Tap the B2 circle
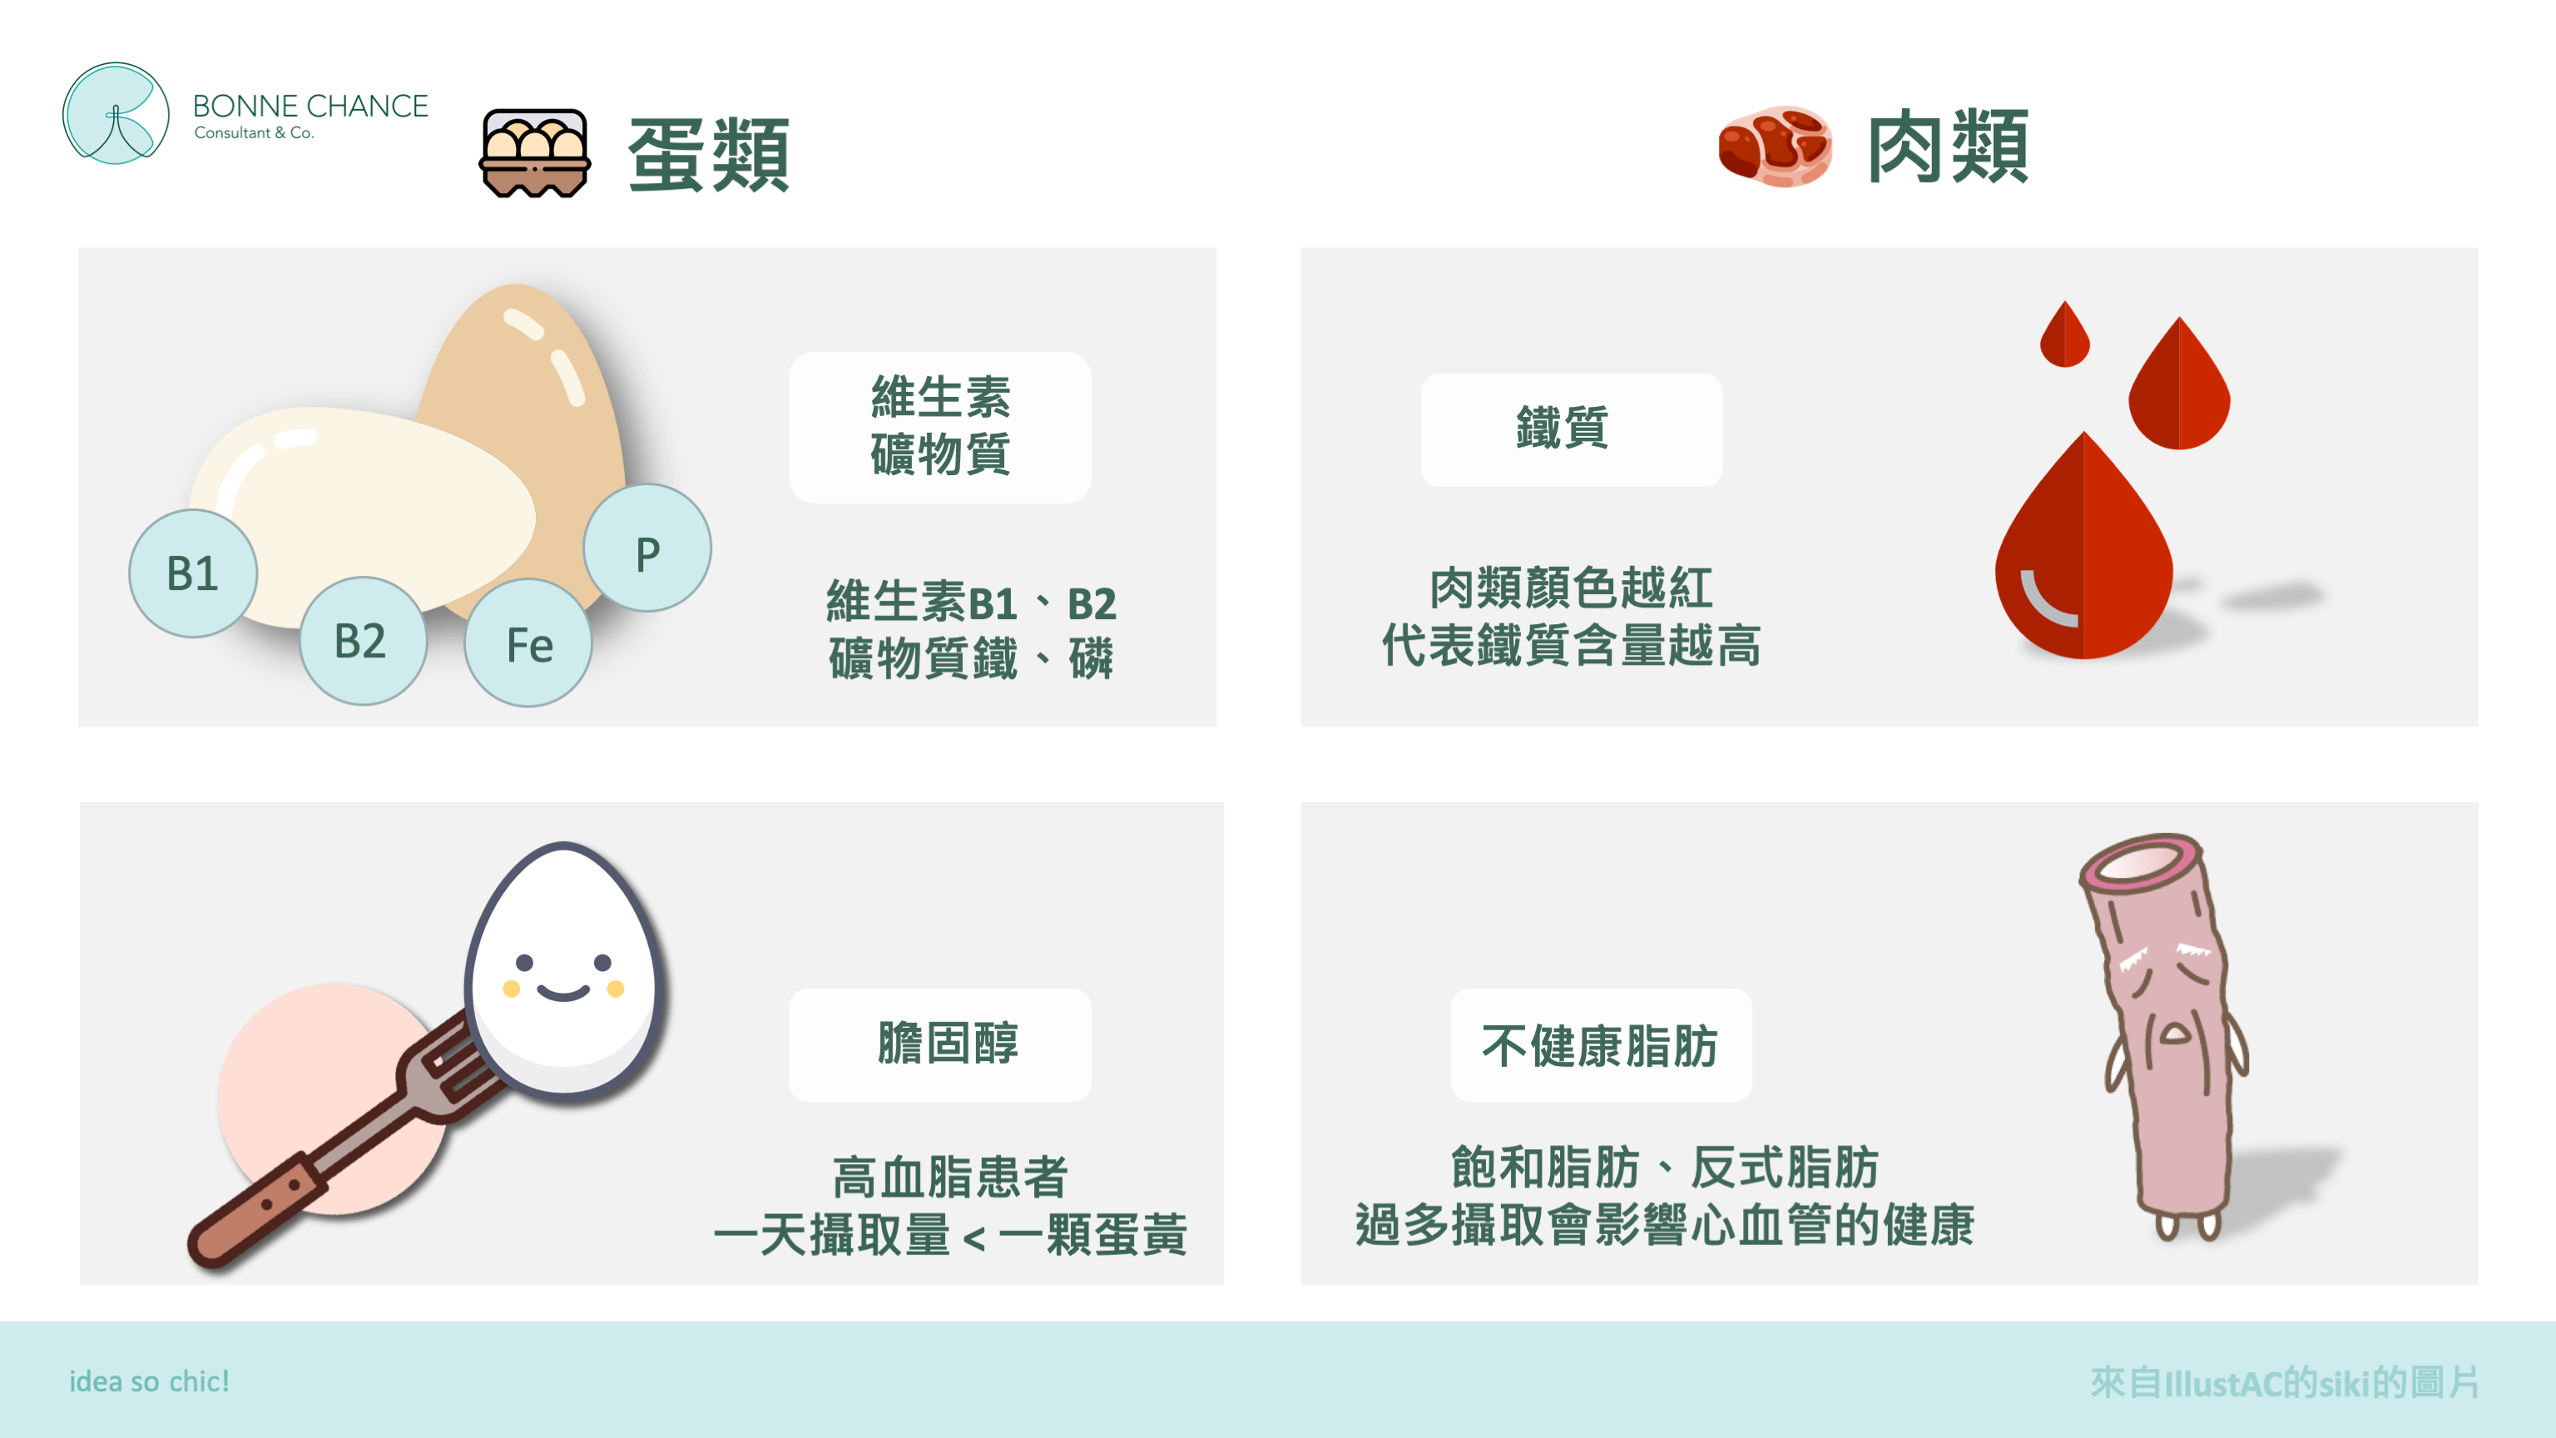point(363,641)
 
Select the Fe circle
point(529,643)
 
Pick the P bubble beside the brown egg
point(647,548)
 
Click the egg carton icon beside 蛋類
point(535,153)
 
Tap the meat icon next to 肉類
point(1775,146)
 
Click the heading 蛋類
point(708,154)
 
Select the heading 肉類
point(1948,146)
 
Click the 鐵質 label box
point(1571,429)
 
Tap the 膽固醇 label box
point(939,1044)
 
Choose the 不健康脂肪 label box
point(1601,1045)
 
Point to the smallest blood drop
point(2065,335)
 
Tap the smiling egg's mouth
point(562,993)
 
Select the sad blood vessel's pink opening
point(2139,860)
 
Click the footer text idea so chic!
point(149,1381)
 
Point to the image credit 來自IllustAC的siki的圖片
point(2283,1381)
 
